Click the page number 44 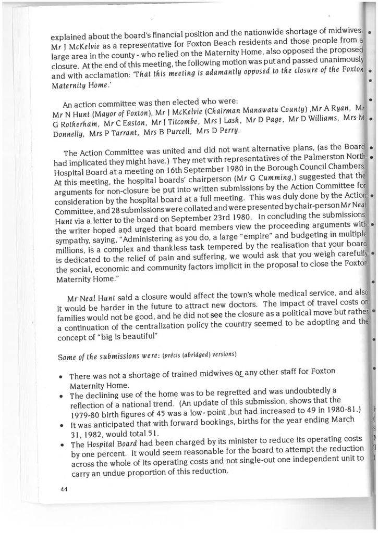pyautogui.click(x=64, y=494)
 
